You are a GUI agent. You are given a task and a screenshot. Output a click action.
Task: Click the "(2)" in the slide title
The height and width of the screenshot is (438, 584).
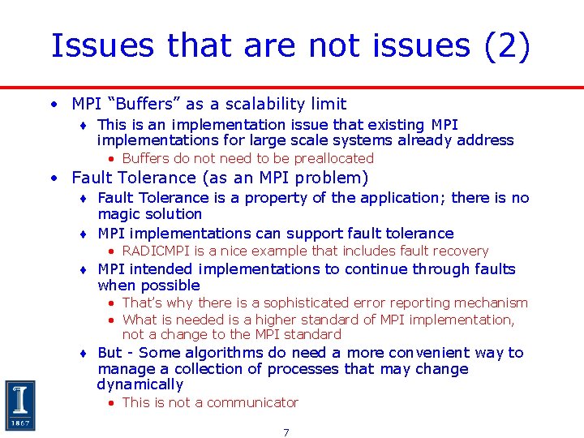507,47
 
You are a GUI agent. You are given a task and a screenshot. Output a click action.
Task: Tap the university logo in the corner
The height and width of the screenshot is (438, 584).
20,405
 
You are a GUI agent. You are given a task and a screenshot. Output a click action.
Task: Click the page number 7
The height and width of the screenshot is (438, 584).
286,432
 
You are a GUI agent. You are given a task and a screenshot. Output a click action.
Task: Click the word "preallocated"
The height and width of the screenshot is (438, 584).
333,159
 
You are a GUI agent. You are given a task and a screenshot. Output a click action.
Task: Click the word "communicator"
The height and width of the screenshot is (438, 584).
255,402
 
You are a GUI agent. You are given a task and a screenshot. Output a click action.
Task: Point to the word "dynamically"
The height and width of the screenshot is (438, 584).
140,384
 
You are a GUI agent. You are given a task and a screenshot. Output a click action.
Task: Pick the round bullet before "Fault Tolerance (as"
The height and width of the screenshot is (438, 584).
53,178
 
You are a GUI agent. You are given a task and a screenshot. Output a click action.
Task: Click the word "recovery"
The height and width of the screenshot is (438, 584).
462,251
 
